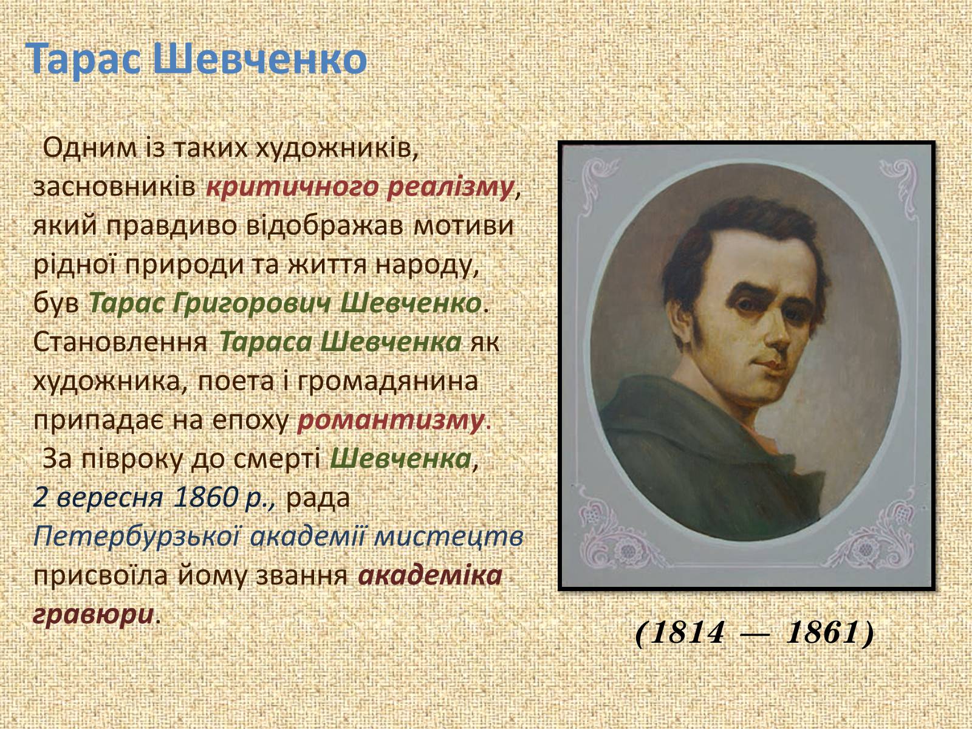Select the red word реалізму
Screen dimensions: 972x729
tap(450, 188)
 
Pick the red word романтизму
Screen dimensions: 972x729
tap(390, 420)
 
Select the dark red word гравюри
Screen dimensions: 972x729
tap(94, 615)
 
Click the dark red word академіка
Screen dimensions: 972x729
tap(430, 575)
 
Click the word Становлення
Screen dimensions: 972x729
tap(120, 342)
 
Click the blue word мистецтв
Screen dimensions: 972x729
tap(448, 537)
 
